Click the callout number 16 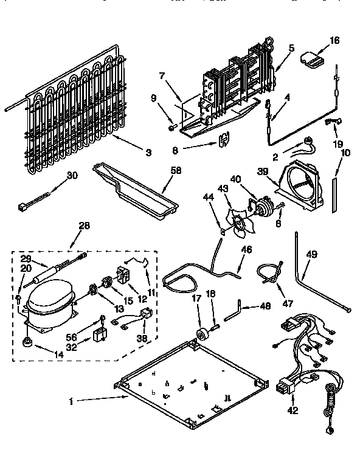click(334, 41)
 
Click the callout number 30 click(72, 176)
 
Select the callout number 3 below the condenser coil click(148, 152)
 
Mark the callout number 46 click(246, 249)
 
